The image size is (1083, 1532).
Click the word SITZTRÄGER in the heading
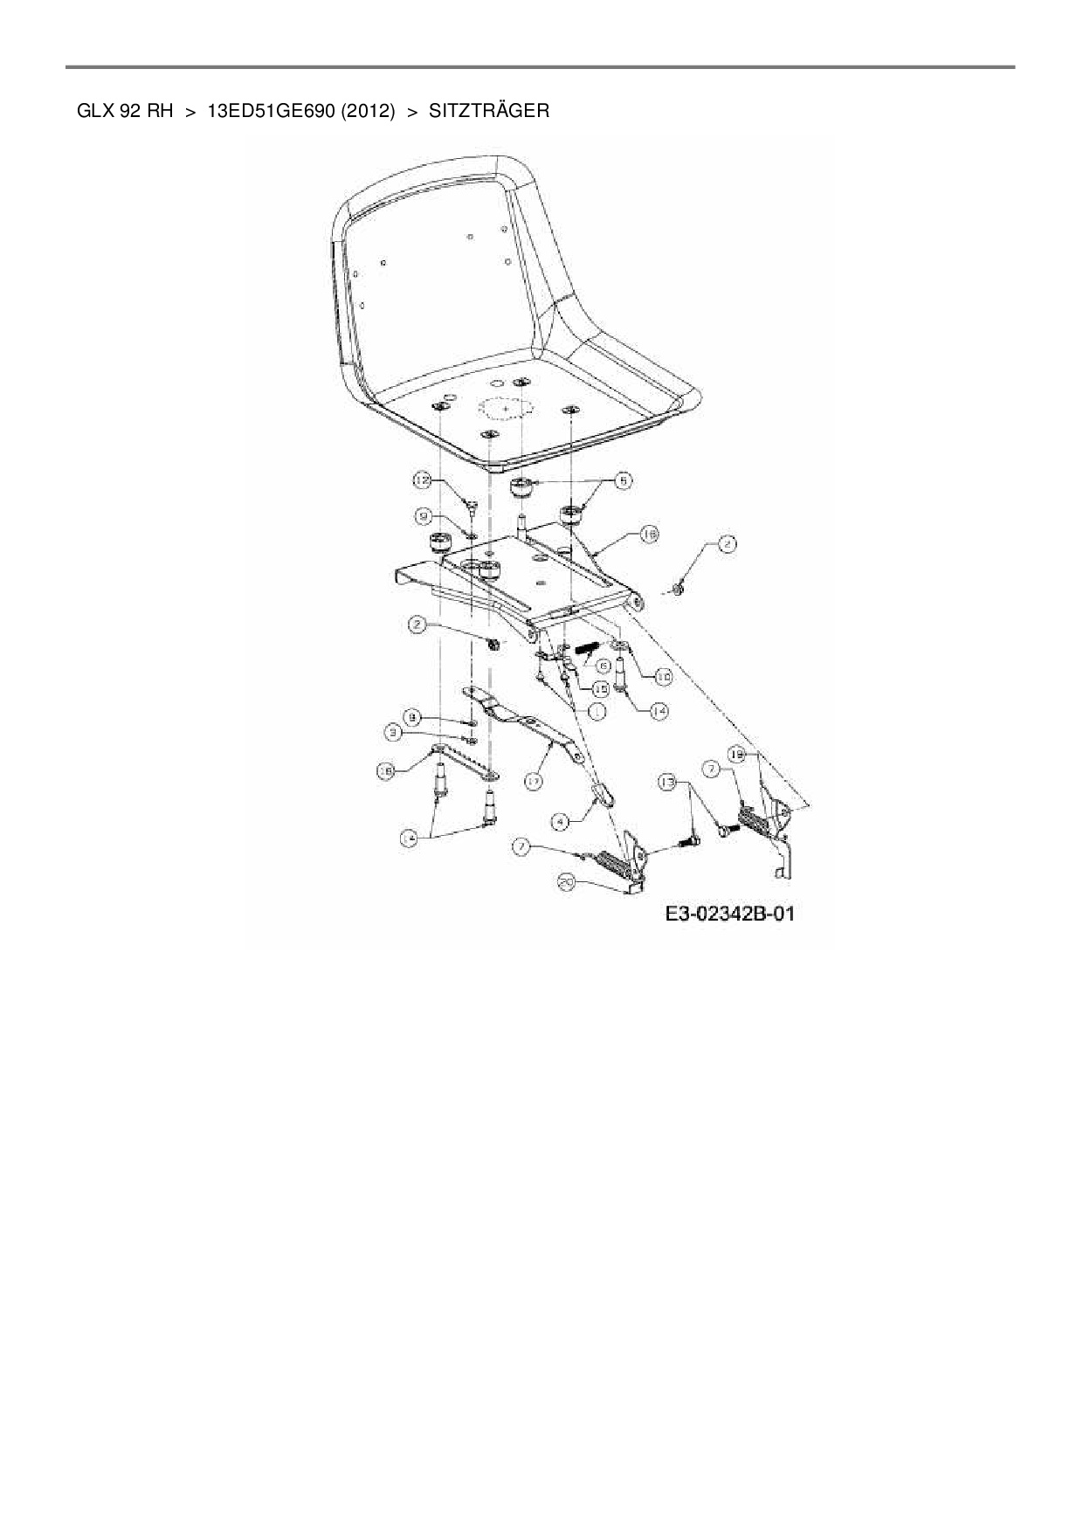click(x=489, y=111)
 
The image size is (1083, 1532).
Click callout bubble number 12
click(x=423, y=480)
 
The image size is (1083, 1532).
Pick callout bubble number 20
click(x=567, y=883)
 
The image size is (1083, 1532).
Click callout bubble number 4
click(x=562, y=821)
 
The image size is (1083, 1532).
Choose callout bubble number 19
click(x=736, y=754)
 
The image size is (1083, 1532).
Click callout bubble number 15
click(x=601, y=689)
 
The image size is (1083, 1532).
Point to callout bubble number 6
click(x=602, y=666)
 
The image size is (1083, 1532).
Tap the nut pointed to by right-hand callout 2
click(x=679, y=587)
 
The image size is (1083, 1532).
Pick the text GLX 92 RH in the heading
click(x=125, y=111)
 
